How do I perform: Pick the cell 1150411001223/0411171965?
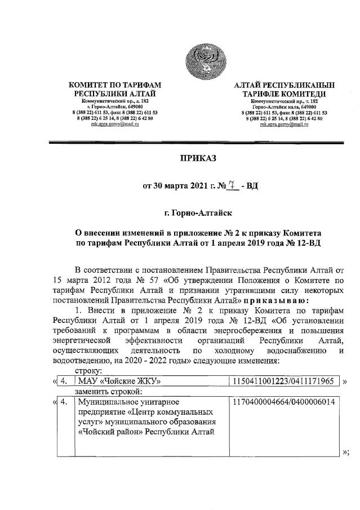[x=284, y=382]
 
